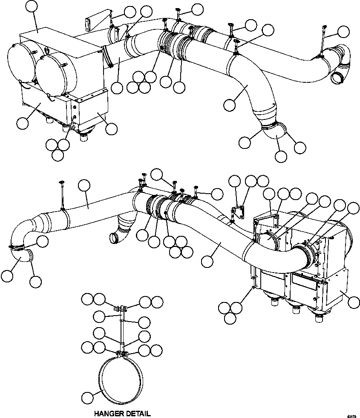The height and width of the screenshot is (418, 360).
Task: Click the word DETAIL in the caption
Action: click(x=137, y=413)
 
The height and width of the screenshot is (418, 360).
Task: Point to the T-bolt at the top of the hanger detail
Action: click(x=122, y=307)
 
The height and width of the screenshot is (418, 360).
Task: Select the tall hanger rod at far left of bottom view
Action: click(x=62, y=194)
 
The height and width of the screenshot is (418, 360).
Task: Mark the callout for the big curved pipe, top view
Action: click(x=229, y=103)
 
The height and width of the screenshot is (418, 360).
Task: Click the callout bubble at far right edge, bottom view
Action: click(x=353, y=303)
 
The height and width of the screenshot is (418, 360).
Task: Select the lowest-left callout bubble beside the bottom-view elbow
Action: click(x=7, y=276)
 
